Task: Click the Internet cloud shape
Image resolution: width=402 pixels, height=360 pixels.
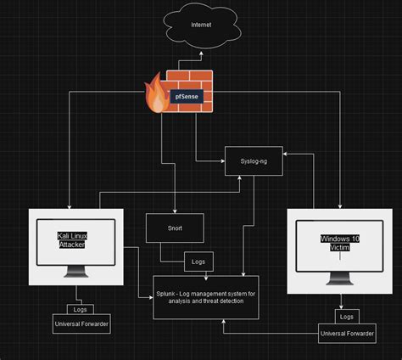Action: [201, 25]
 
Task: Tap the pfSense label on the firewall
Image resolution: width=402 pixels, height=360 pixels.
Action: [187, 96]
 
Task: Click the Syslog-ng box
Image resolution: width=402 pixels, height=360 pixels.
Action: [251, 160]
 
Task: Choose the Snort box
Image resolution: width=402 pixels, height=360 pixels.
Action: [174, 228]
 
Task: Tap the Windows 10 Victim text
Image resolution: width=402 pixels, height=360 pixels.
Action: [338, 242]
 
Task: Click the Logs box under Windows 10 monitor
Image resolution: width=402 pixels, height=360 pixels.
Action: [345, 317]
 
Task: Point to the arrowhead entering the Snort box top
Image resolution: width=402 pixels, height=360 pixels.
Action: [174, 211]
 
